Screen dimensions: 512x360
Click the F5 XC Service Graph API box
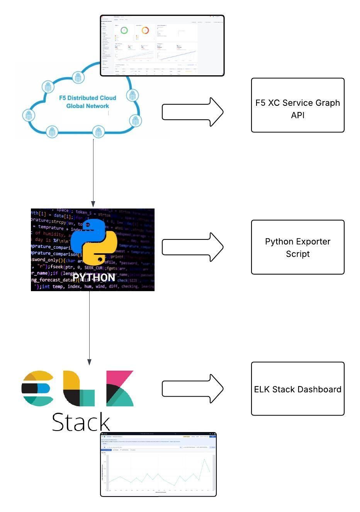click(x=297, y=105)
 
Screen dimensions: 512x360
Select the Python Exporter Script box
click(x=297, y=247)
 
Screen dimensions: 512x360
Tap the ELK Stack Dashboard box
click(x=297, y=389)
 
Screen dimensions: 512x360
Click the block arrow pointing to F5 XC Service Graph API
click(x=192, y=112)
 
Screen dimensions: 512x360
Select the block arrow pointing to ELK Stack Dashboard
click(x=192, y=388)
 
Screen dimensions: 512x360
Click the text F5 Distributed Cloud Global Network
click(x=88, y=102)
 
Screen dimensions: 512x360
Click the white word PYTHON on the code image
click(x=94, y=278)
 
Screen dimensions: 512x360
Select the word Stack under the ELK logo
click(x=81, y=422)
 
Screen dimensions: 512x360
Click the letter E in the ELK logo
click(x=37, y=388)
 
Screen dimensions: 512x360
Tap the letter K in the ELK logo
click(x=119, y=388)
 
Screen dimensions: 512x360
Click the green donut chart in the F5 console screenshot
click(x=124, y=30)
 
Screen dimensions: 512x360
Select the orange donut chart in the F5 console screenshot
click(x=145, y=30)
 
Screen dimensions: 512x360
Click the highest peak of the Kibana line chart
click(x=204, y=459)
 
